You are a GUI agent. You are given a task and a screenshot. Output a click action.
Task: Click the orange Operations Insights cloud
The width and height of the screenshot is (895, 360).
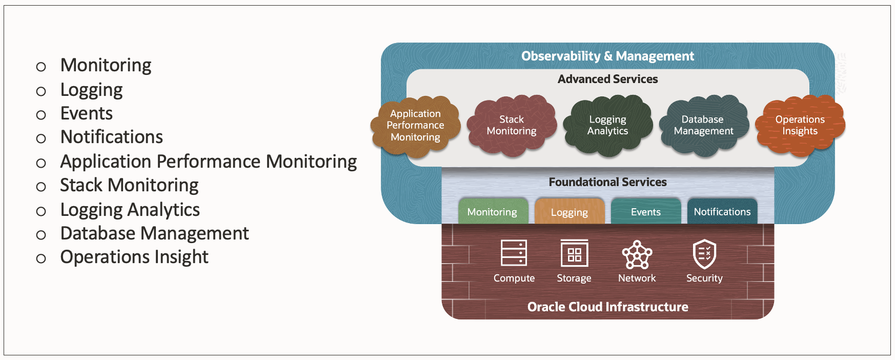click(x=800, y=125)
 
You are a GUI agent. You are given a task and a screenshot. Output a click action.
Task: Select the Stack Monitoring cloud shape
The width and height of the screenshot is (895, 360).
click(x=511, y=125)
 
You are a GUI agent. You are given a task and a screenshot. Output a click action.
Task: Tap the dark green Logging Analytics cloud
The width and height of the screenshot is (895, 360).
click(x=607, y=125)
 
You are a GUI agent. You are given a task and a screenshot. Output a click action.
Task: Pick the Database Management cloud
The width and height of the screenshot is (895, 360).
click(x=703, y=125)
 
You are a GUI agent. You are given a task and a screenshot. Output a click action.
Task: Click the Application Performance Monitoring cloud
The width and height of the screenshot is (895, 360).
click(x=415, y=125)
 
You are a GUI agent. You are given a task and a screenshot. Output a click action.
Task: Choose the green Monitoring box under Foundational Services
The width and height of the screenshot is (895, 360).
click(x=492, y=212)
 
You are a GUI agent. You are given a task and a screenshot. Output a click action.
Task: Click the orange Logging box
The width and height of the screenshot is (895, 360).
click(x=569, y=212)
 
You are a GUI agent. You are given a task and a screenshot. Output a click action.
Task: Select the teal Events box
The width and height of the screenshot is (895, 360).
click(x=645, y=212)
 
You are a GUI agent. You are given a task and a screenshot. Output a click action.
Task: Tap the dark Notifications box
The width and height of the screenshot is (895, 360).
click(x=722, y=212)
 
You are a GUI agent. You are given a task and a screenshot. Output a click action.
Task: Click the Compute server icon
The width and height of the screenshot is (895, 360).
click(x=514, y=253)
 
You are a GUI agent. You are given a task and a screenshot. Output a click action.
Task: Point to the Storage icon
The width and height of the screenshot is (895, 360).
click(x=574, y=253)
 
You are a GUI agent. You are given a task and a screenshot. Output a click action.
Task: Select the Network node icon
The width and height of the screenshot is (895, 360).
click(x=637, y=254)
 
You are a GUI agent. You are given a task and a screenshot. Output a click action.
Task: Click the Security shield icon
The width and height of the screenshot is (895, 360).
click(x=704, y=253)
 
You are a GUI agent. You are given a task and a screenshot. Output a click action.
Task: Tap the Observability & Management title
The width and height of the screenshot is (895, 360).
click(x=607, y=56)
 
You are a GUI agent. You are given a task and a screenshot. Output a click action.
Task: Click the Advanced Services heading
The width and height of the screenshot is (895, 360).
click(x=607, y=79)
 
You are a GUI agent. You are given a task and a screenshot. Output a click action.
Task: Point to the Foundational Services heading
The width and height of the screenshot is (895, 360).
click(x=607, y=182)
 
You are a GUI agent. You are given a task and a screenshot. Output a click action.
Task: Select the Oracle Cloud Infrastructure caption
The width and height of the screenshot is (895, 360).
click(x=607, y=307)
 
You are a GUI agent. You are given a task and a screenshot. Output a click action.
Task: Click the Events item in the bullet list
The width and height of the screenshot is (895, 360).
click(x=86, y=113)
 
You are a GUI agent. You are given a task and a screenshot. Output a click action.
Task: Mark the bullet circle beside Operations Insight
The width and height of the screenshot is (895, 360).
click(x=41, y=258)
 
